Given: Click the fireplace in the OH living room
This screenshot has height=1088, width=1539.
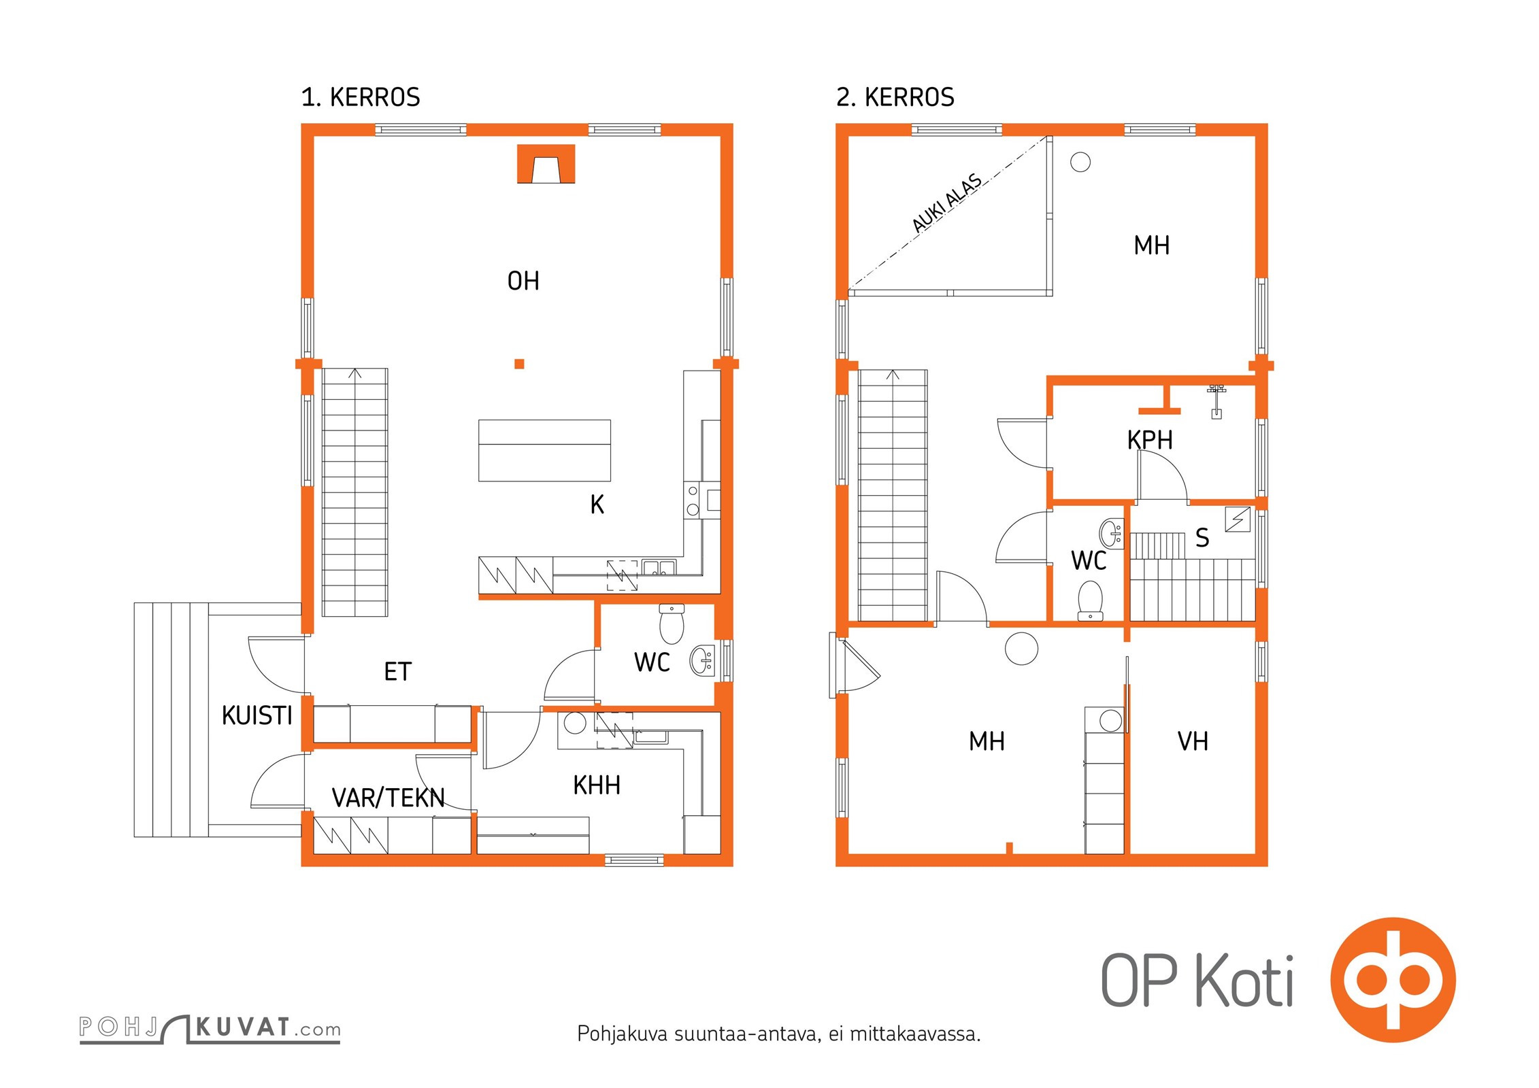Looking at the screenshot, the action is click(546, 164).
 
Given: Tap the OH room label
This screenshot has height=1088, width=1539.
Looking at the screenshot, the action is click(523, 281).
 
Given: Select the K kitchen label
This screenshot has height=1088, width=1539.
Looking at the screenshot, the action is click(597, 505).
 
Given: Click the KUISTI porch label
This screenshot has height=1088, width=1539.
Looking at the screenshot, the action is click(257, 715).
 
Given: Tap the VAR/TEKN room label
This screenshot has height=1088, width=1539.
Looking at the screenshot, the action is click(388, 798).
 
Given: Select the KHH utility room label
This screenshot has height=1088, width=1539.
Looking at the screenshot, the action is click(597, 785).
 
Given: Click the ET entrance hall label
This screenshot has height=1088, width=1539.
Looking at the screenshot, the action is click(398, 672).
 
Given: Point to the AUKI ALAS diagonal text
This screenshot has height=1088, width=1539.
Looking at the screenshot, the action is click(946, 203).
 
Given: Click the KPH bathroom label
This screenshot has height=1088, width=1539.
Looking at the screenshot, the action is click(1150, 440).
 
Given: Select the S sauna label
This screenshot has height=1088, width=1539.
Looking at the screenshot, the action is click(1202, 538).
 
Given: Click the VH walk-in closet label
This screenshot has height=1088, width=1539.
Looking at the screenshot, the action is click(1193, 741).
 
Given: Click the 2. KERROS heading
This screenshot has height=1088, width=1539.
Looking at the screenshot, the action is click(895, 97).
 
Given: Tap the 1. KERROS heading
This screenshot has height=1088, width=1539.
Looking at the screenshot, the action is click(361, 97).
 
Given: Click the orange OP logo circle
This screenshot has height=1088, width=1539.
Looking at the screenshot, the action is click(1393, 980).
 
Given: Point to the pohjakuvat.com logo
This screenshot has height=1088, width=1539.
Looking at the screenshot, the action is click(210, 1029).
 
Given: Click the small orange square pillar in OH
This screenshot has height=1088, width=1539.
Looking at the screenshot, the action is click(519, 364).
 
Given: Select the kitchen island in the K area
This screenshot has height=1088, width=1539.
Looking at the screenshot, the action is click(544, 450).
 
